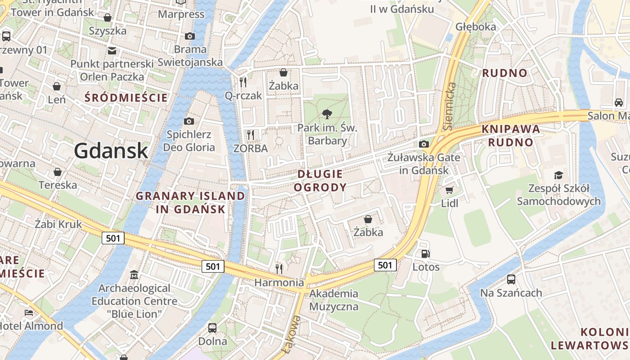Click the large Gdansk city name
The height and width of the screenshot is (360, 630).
point(111,150)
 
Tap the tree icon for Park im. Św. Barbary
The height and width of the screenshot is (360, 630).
point(327,114)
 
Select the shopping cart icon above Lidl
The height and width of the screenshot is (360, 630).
point(449,190)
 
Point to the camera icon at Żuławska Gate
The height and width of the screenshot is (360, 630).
point(423,144)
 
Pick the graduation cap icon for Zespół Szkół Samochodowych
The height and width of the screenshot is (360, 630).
point(558,175)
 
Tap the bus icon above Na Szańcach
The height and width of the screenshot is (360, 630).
point(511,279)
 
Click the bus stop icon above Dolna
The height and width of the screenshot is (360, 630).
point(212,328)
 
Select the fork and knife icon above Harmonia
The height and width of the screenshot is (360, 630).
point(279,269)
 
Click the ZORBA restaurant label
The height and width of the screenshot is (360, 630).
point(251,148)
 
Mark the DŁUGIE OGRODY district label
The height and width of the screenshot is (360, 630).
point(320,180)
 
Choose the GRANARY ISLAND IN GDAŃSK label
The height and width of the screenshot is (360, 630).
point(190,202)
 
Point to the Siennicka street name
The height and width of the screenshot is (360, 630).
point(450,106)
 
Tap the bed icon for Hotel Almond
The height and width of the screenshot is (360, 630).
point(29,313)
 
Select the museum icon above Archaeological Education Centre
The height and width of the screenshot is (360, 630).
point(134,274)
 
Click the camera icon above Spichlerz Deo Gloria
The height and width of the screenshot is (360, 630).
point(189,121)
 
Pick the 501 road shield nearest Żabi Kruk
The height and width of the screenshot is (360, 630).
point(112,238)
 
